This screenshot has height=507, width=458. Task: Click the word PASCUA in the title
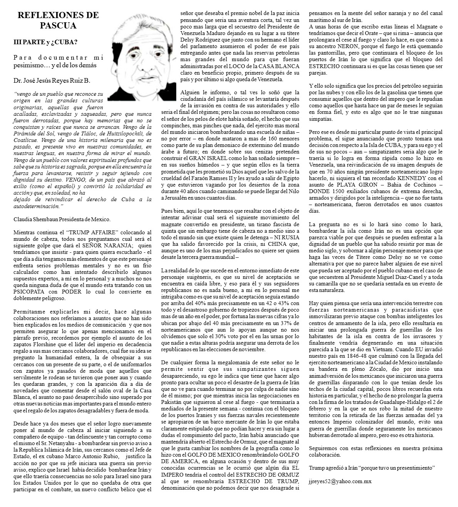[58, 26]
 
